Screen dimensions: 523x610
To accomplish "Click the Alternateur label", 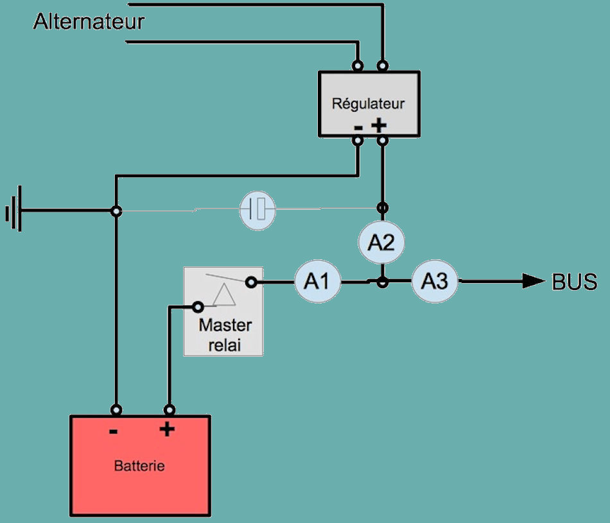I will (x=89, y=22).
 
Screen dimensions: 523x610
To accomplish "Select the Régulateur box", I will (x=369, y=103).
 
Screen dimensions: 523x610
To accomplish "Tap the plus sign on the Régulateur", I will (x=379, y=125).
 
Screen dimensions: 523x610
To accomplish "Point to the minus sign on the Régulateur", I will (x=358, y=127).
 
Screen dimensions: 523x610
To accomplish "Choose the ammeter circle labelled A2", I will (x=381, y=242).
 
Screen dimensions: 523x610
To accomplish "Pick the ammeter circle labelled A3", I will (x=435, y=282).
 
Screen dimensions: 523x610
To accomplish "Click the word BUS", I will (x=575, y=282).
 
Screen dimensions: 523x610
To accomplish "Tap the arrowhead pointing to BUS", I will (x=533, y=281).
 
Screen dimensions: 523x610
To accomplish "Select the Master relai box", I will (x=223, y=311).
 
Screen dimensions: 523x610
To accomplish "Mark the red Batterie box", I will (x=140, y=465).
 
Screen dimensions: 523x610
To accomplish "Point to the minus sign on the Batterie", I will (x=114, y=431).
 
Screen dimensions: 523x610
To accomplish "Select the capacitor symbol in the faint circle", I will (x=257, y=209).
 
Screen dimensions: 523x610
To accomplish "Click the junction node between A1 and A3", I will (x=382, y=282).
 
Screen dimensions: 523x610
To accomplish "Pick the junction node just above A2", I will (x=382, y=208).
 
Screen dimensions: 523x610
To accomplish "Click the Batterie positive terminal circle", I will (x=170, y=409).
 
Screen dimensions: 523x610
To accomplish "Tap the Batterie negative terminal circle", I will (x=116, y=409).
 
